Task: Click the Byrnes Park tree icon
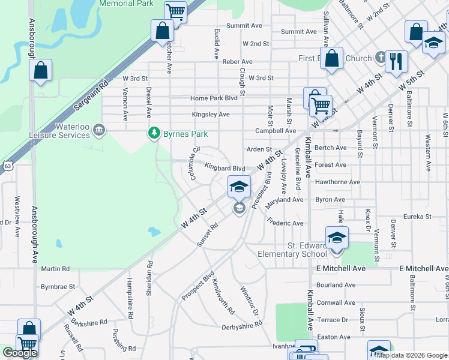click(x=155, y=133)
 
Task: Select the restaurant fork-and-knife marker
click(x=396, y=61)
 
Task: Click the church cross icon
click(x=379, y=58)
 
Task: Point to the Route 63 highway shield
click(x=7, y=165)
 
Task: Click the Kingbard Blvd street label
click(x=225, y=169)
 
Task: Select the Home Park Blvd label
click(x=214, y=98)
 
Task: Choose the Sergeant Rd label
click(x=91, y=94)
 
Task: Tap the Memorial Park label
click(x=127, y=4)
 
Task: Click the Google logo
click(x=20, y=353)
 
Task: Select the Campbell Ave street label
click(x=276, y=130)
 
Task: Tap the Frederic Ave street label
click(x=286, y=223)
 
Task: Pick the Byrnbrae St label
click(x=58, y=287)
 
